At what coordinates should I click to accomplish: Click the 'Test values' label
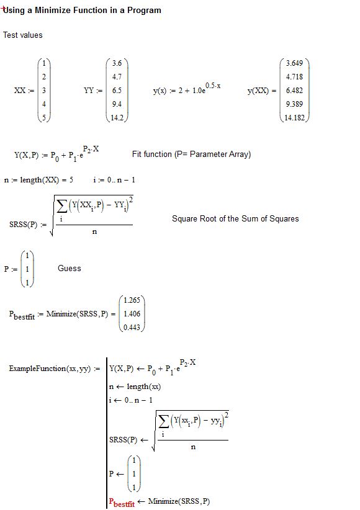point(23,35)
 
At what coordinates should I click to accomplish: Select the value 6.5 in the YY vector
point(117,91)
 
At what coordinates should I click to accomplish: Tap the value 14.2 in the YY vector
point(117,118)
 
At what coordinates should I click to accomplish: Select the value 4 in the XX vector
point(43,104)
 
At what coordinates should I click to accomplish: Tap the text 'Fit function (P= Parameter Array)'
point(191,154)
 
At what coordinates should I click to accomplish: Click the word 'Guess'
point(70,268)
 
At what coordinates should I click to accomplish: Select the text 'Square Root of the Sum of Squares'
point(235,218)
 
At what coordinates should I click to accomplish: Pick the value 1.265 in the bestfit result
point(132,300)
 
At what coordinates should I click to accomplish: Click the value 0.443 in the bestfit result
point(132,328)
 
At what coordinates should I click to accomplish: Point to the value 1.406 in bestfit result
point(132,314)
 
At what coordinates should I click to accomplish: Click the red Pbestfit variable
point(122,503)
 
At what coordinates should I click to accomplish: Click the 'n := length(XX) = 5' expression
point(38,180)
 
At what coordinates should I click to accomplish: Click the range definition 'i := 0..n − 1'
point(114,180)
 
